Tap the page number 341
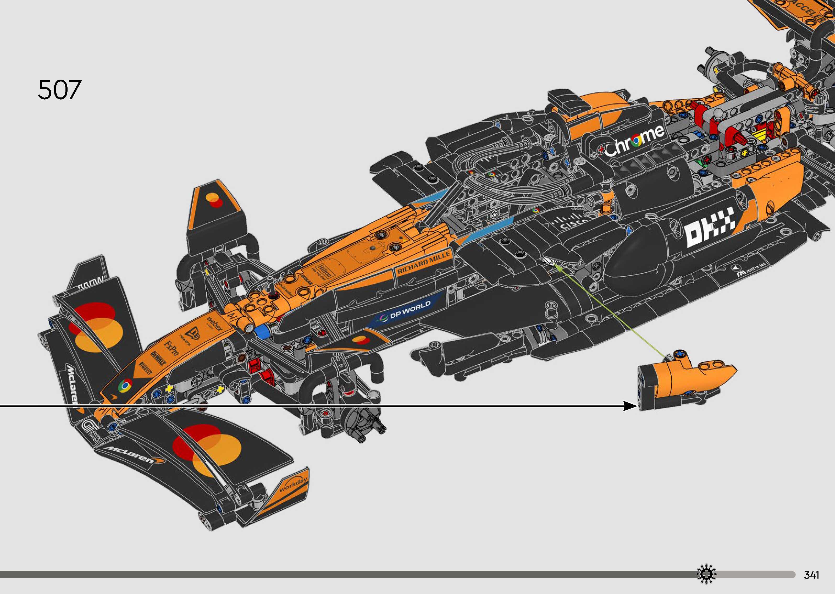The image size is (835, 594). (x=811, y=575)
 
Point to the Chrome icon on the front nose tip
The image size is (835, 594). (x=124, y=386)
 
